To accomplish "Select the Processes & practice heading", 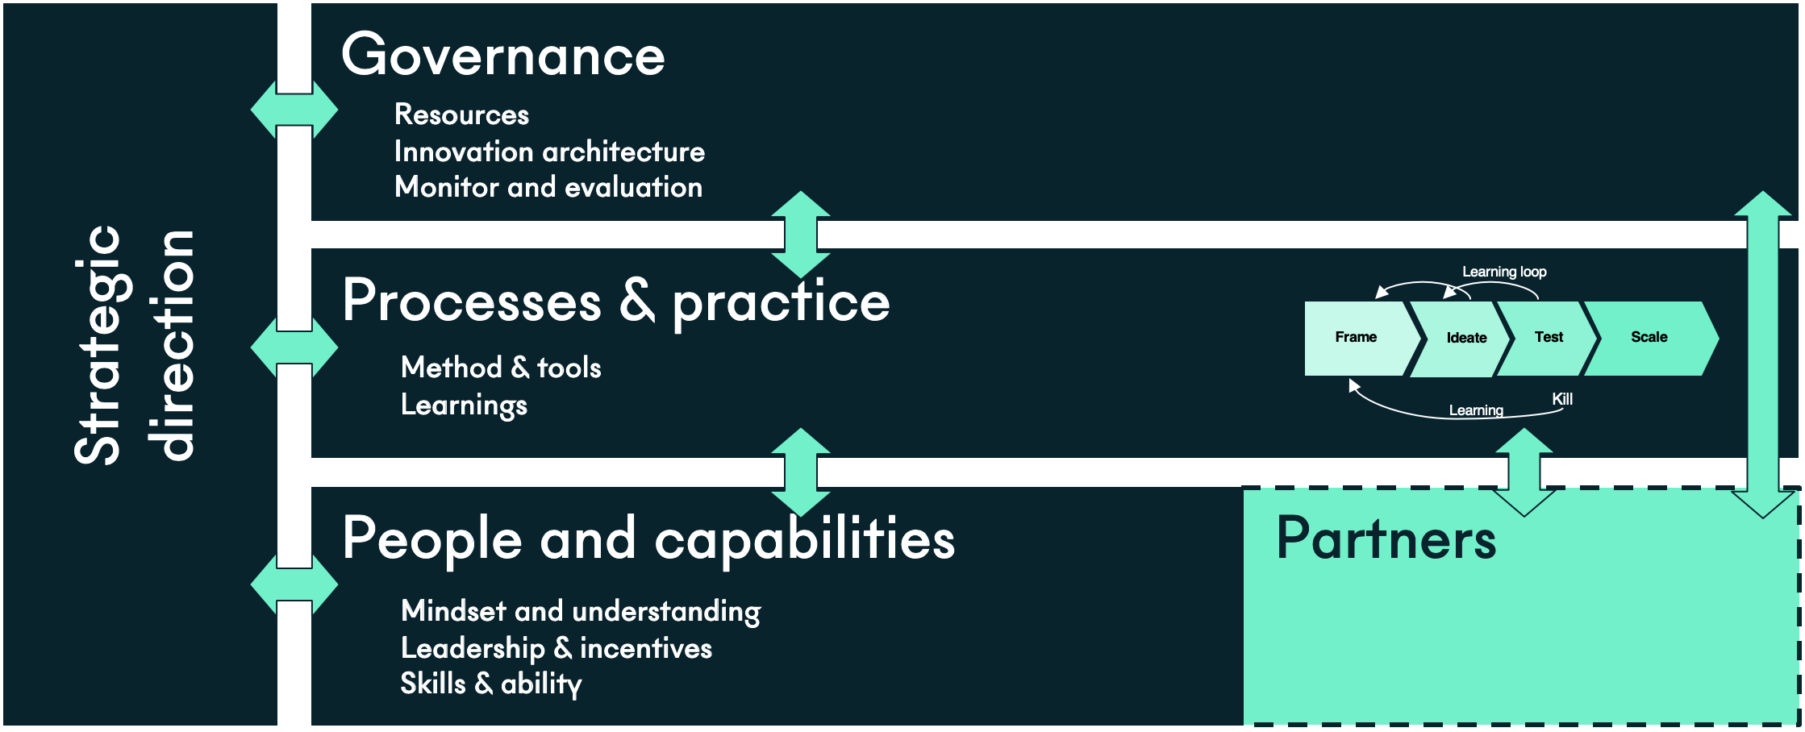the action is pos(616,302).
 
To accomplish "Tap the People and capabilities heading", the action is pos(648,539).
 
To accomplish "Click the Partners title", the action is pos(1386,538).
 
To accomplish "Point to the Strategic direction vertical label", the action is pos(134,345).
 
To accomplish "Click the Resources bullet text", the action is pos(461,114).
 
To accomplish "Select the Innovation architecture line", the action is pos(549,152).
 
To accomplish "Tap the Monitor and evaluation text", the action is pos(548,187).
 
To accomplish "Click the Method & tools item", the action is pos(501,368).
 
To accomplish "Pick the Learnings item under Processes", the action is pos(464,406).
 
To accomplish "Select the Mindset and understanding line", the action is pos(581,612).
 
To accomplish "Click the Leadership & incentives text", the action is pos(557,648).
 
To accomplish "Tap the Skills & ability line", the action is pos(491,684).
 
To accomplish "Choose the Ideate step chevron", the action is pos(1461,338).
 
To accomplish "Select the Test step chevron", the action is pos(1548,338).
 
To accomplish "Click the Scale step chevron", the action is pos(1650,338).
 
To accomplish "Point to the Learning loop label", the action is pos(1504,272).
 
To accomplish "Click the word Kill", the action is pos(1562,399).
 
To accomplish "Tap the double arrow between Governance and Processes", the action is pos(801,235).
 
